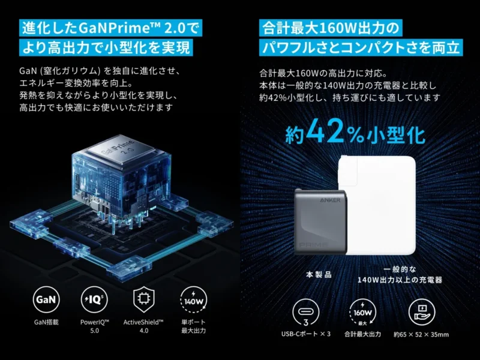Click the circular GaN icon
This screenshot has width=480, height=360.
(46, 299)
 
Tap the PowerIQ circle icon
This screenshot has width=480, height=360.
(94, 299)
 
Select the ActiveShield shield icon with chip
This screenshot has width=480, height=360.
(144, 299)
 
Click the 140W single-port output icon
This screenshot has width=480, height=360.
(193, 299)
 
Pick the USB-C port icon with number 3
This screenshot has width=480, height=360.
(305, 312)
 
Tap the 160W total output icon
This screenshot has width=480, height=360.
(362, 312)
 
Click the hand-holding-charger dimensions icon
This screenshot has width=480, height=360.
(422, 312)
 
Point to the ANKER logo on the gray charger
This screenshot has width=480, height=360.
(331, 200)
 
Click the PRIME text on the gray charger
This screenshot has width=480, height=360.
(313, 245)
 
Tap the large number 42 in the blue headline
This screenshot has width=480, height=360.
(325, 131)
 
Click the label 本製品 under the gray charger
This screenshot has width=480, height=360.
(319, 274)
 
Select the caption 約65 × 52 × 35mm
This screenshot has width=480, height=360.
(421, 334)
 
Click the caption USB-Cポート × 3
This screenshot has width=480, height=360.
(306, 334)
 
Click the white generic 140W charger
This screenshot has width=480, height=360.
(379, 205)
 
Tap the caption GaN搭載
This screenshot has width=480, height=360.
(46, 322)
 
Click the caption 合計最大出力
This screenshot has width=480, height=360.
(363, 334)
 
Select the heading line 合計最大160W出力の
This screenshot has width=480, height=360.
(331, 28)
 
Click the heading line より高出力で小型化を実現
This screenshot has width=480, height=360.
(106, 47)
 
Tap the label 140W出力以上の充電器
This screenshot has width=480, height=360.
(400, 280)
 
